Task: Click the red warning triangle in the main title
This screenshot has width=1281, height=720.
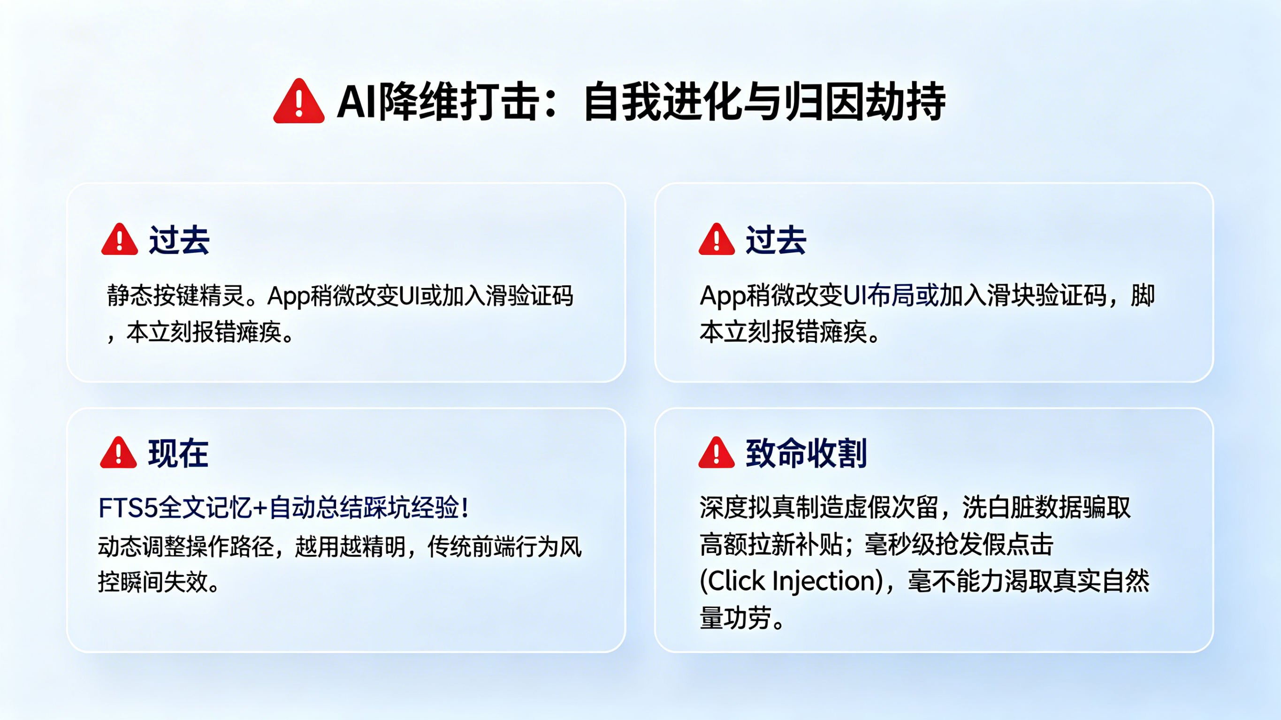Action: [299, 102]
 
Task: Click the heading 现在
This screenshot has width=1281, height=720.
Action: [178, 454]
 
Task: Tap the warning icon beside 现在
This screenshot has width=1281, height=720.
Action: [118, 454]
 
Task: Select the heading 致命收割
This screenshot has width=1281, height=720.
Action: [806, 454]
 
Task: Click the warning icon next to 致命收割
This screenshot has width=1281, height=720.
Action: [716, 454]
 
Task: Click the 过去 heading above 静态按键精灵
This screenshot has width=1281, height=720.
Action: [179, 240]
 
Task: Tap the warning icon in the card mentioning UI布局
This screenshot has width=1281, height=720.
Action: [716, 240]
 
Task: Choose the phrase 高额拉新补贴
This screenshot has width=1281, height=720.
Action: [770, 545]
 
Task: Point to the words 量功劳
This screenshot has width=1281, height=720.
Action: [736, 618]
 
